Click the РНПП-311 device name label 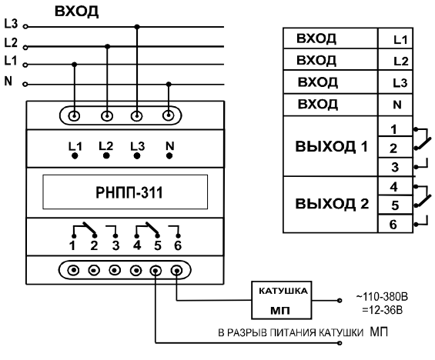pyautogui.click(x=129, y=192)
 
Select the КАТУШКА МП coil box pyautogui.click(x=281, y=300)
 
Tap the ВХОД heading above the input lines pyautogui.click(x=76, y=12)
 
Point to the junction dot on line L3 pyautogui.click(x=137, y=27)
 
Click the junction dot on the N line pyautogui.click(x=169, y=84)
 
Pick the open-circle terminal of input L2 pyautogui.click(x=25, y=48)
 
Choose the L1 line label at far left pyautogui.click(x=11, y=61)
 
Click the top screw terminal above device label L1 pyautogui.click(x=74, y=116)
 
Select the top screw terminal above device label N pyautogui.click(x=168, y=115)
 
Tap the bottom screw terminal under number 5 pyautogui.click(x=156, y=270)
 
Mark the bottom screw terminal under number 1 pyautogui.click(x=73, y=270)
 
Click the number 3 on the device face pyautogui.click(x=115, y=246)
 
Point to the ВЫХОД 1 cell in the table pyautogui.click(x=330, y=146)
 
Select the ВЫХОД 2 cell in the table pyautogui.click(x=330, y=205)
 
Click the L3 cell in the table pyautogui.click(x=395, y=82)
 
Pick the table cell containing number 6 pyautogui.click(x=395, y=224)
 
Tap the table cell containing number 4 pyautogui.click(x=395, y=186)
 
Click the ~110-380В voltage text pyautogui.click(x=382, y=297)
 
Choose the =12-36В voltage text pyautogui.click(x=382, y=310)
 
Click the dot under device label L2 pyautogui.click(x=106, y=156)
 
